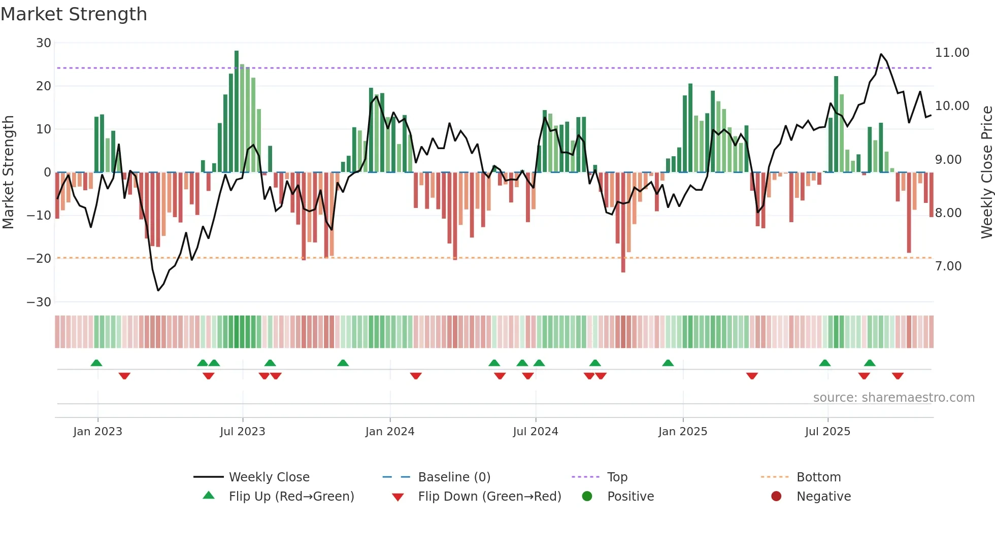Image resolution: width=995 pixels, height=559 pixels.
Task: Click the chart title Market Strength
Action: coord(74,14)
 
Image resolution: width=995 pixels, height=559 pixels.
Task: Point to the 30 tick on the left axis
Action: coord(44,43)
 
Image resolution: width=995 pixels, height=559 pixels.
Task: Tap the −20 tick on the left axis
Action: coord(39,259)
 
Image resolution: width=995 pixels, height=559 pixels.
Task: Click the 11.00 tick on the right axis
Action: coord(952,53)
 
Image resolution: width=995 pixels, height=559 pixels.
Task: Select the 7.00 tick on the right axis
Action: coord(948,266)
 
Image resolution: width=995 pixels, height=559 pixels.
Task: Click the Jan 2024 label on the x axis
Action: coord(389,432)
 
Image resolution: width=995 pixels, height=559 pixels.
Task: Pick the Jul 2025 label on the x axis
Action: coord(827,432)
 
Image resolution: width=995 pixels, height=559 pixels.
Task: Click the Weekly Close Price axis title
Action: coord(986,172)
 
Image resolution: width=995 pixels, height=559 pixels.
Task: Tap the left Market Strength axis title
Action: coord(8,172)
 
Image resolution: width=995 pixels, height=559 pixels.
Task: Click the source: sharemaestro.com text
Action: coord(893,398)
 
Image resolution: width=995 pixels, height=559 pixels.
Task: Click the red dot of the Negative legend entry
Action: coord(776,496)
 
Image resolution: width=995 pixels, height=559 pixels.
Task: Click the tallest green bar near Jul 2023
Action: coord(237,112)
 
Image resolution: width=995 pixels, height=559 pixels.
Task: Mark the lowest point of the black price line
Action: coord(158,291)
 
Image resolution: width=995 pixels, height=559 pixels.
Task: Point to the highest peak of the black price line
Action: coord(881,54)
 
